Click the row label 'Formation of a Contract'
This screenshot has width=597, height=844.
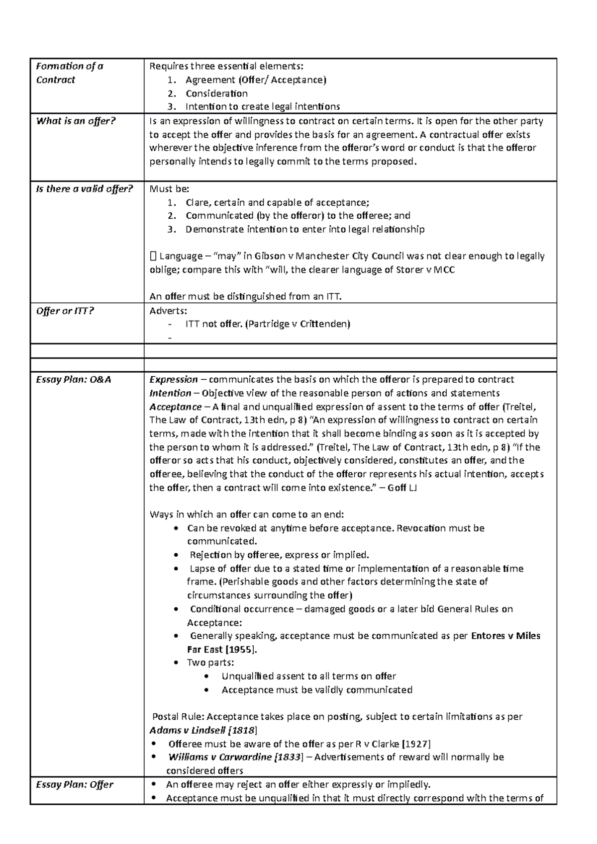click(x=69, y=73)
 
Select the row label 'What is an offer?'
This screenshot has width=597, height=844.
click(x=76, y=121)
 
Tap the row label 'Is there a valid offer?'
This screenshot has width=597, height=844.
click(x=85, y=189)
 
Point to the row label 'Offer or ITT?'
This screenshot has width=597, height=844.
click(x=65, y=311)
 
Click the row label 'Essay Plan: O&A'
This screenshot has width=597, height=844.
click(x=74, y=380)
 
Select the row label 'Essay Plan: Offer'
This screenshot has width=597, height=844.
click(x=75, y=784)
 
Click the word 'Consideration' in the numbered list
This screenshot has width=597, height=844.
click(x=216, y=93)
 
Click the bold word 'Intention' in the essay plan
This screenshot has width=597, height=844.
click(x=170, y=393)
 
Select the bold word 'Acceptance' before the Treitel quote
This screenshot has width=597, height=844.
click(x=176, y=407)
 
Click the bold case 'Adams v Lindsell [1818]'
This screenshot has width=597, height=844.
click(x=203, y=730)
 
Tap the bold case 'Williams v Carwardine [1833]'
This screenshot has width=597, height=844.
click(x=235, y=757)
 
